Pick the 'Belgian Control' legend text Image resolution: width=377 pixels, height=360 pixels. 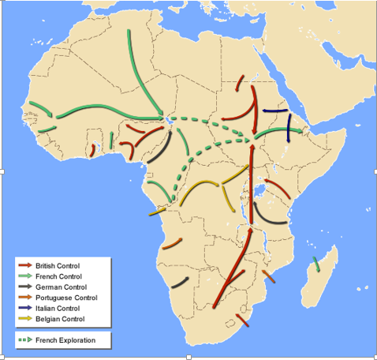[x=59, y=319]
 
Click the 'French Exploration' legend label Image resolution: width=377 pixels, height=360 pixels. [x=65, y=340]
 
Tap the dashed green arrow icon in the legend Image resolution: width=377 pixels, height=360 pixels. [x=26, y=340]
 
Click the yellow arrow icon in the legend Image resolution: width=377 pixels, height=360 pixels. [x=26, y=319]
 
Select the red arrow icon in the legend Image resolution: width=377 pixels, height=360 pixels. [x=26, y=265]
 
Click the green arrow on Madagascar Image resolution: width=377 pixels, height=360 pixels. [x=316, y=264]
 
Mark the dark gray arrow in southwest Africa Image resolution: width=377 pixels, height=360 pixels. [x=180, y=281]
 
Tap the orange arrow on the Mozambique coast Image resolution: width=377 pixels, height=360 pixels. [x=269, y=276]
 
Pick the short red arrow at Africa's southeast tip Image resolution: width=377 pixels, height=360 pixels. [x=242, y=320]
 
